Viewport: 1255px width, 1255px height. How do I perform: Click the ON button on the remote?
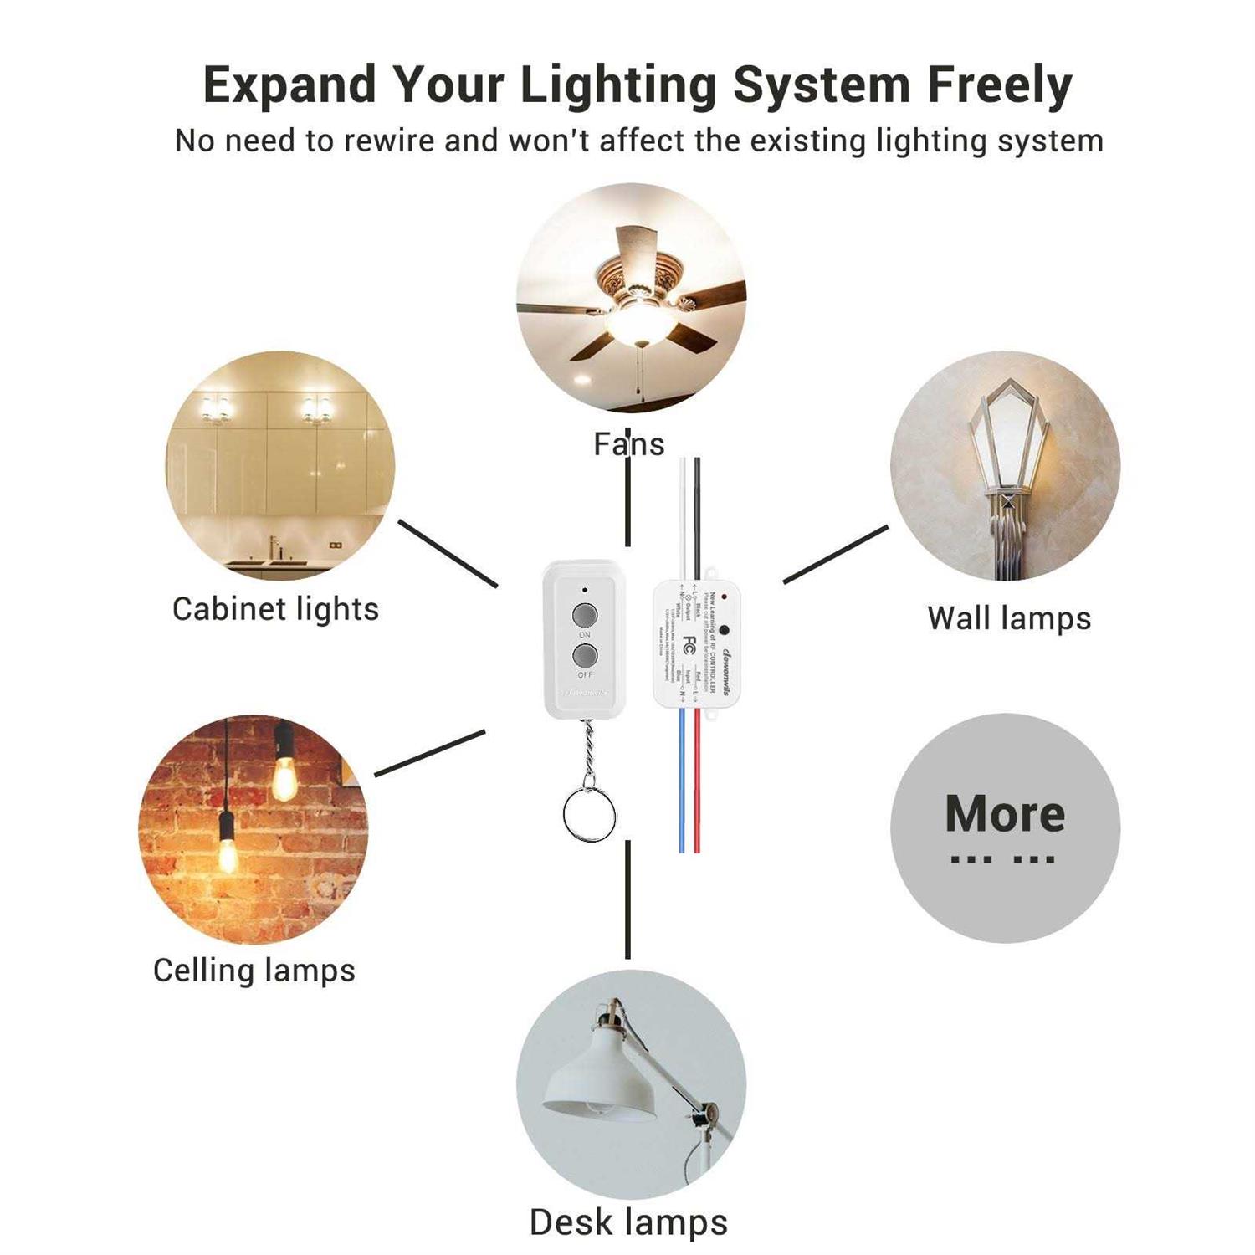(584, 616)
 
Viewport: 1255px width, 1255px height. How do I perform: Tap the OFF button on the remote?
(584, 654)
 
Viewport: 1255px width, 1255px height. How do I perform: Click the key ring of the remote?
(589, 813)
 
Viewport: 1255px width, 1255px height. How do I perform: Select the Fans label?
(628, 444)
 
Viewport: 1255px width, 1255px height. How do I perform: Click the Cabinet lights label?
(275, 609)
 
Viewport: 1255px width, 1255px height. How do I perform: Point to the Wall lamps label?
(1009, 618)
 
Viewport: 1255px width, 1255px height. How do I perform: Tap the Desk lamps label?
(628, 1222)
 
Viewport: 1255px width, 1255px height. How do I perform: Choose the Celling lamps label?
(254, 971)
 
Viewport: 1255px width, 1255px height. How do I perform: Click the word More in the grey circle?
(1005, 813)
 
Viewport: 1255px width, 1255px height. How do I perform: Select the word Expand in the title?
(289, 85)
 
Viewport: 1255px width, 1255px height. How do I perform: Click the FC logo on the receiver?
(689, 644)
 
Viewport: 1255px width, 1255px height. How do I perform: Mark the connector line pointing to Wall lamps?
(835, 555)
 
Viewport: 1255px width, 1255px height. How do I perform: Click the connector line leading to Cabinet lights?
(447, 553)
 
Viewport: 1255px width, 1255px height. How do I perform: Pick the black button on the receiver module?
(724, 630)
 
